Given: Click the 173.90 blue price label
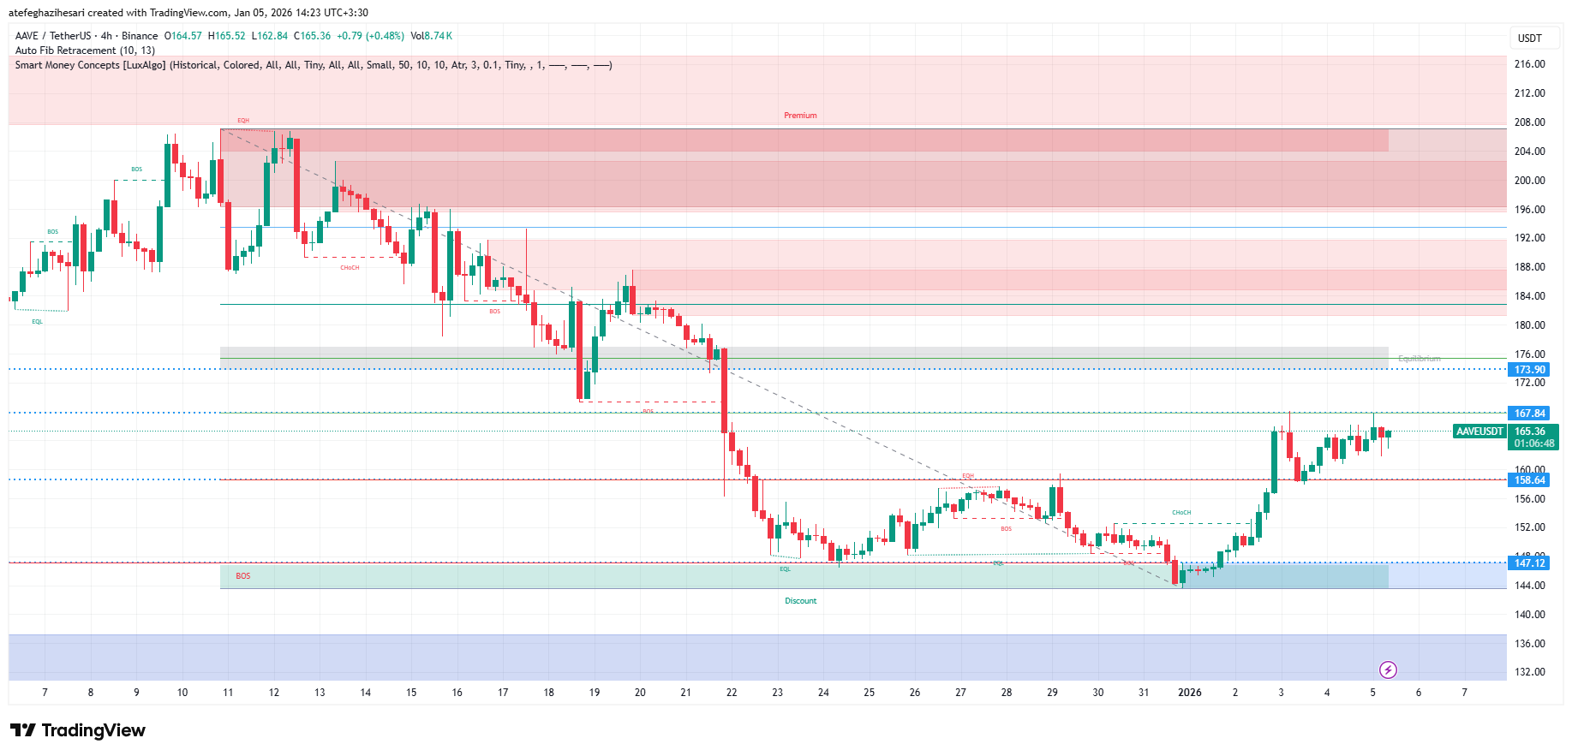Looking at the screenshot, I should click(1529, 370).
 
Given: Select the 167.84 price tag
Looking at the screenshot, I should click(1529, 414).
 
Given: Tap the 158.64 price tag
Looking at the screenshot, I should click(1529, 480).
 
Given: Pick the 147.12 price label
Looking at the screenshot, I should click(1529, 563).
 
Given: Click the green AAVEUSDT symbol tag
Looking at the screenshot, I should click(1479, 432).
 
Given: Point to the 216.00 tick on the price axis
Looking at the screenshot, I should click(1529, 64).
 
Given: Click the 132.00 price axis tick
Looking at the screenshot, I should click(1529, 672).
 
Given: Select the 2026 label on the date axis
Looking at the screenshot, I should click(1189, 693).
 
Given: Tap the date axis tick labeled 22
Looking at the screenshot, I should click(732, 693).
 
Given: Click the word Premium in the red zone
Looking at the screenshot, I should click(800, 116).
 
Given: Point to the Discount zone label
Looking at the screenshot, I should click(800, 601).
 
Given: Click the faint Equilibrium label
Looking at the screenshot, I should click(1419, 359).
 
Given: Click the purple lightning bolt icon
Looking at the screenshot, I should click(1388, 670).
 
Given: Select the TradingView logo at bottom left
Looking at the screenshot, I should click(78, 730).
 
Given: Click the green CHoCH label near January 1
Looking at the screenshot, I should click(1181, 513).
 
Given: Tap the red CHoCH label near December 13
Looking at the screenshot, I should click(350, 268).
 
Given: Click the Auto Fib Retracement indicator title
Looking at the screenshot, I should click(85, 51).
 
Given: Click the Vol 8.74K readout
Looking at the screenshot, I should click(431, 36).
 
